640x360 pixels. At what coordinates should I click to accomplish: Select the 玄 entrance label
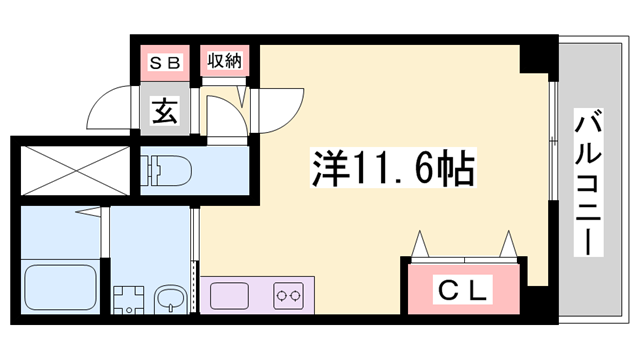coord(164,111)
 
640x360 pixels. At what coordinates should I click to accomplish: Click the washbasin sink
coord(169,298)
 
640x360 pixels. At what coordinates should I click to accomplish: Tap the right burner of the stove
coord(296,296)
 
